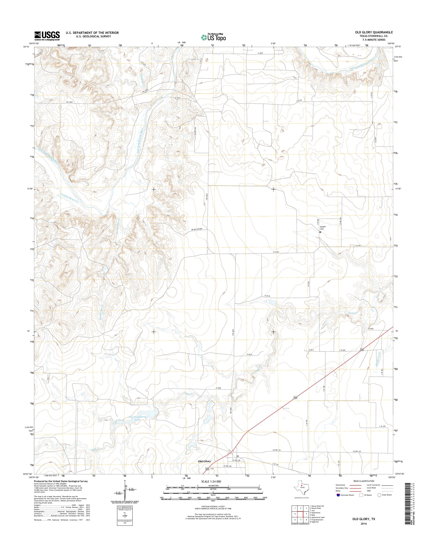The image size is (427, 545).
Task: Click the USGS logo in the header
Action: pos(47,35)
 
